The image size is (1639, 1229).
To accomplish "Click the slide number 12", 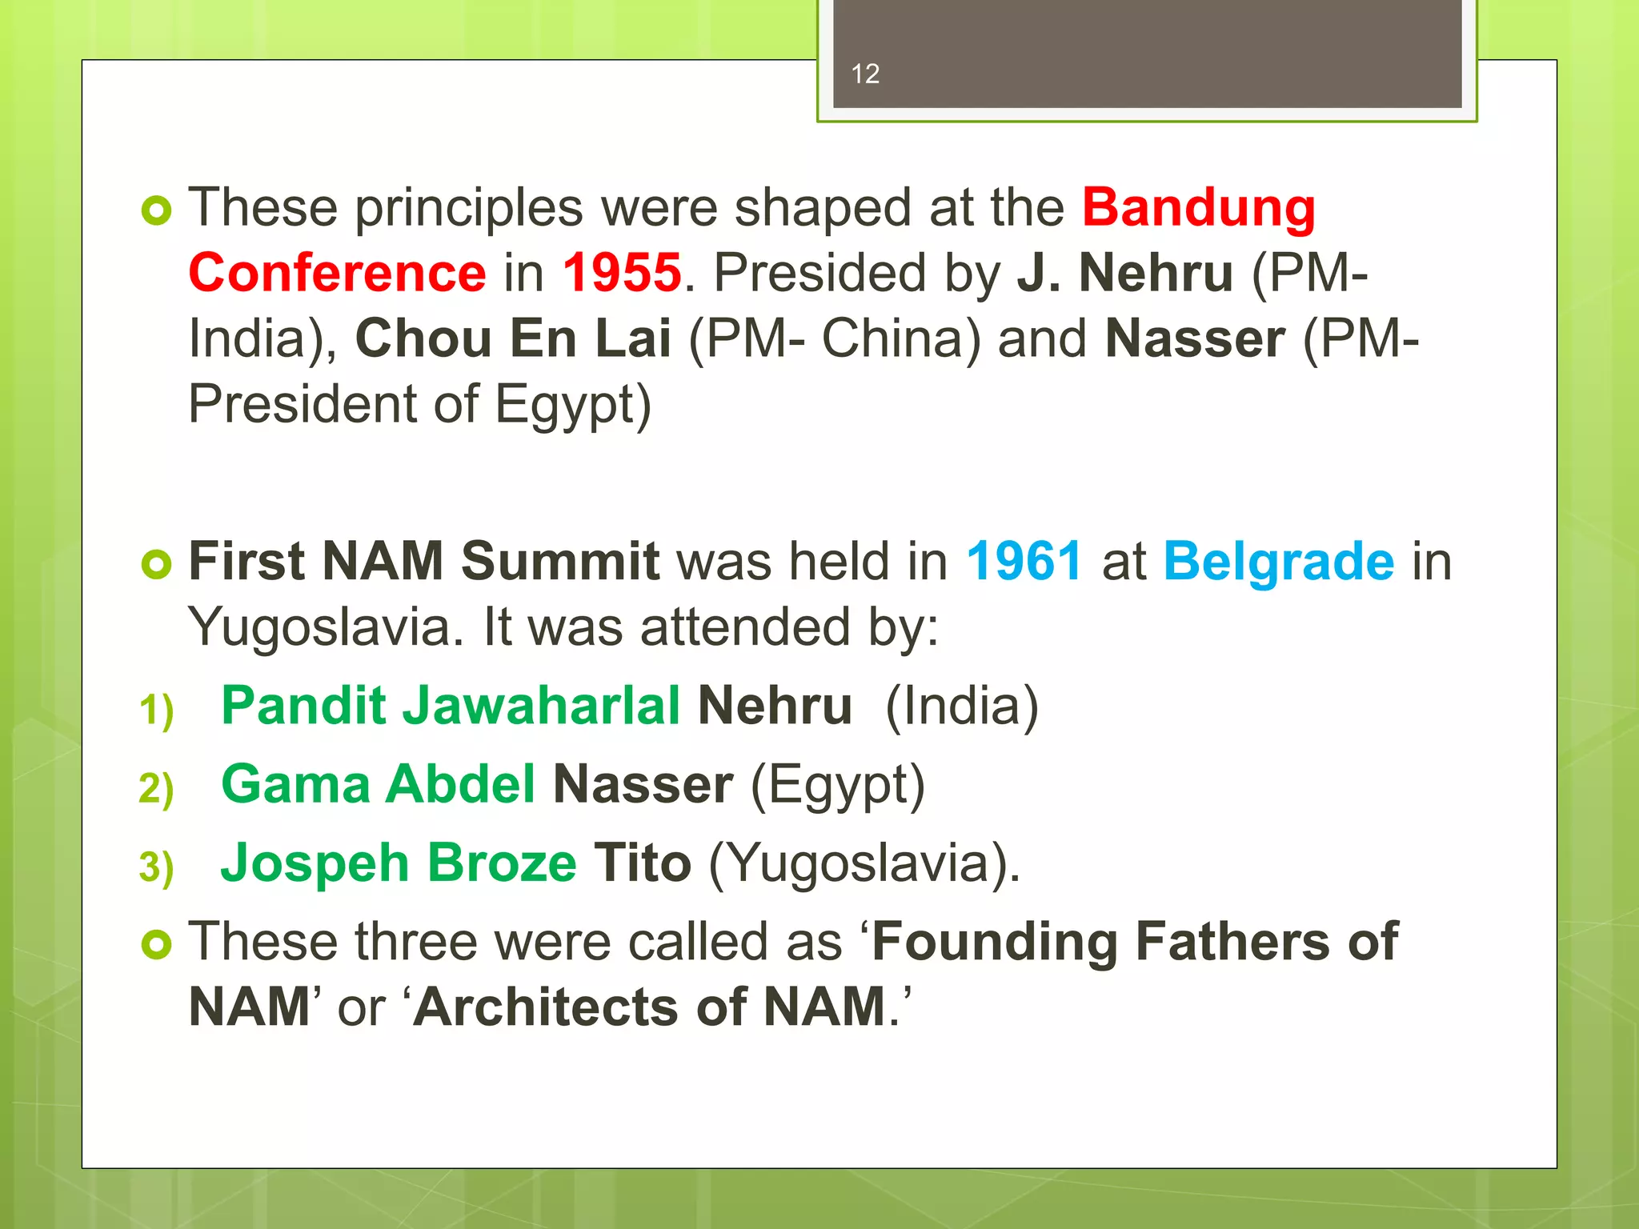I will tap(865, 74).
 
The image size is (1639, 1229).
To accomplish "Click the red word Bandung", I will tap(1198, 208).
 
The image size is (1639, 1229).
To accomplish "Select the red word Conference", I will tap(337, 273).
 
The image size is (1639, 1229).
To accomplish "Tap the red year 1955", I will tap(622, 273).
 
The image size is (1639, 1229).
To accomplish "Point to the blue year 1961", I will tap(1024, 561).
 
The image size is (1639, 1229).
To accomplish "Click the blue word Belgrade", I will tap(1278, 561).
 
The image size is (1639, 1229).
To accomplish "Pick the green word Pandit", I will tap(304, 706).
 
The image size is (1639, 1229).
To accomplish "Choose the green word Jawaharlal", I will tap(541, 706).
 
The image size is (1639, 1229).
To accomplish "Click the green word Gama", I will tap(295, 784).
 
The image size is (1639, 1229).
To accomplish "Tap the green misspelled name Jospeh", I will tap(315, 863).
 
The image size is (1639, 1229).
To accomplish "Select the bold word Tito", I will tap(642, 863).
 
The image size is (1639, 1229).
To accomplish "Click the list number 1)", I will tap(156, 710).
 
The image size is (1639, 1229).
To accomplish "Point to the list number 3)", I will tap(156, 867).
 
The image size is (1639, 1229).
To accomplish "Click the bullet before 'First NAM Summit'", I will tap(156, 564).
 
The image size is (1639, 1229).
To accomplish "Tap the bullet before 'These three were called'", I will tap(156, 945).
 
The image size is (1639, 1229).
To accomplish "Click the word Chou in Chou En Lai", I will tap(423, 338).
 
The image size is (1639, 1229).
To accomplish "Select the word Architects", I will tap(547, 1007).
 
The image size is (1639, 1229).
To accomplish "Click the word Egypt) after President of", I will tap(573, 405).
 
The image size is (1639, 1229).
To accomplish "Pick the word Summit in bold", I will tap(560, 561).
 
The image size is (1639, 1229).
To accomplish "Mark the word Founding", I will tap(995, 942).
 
